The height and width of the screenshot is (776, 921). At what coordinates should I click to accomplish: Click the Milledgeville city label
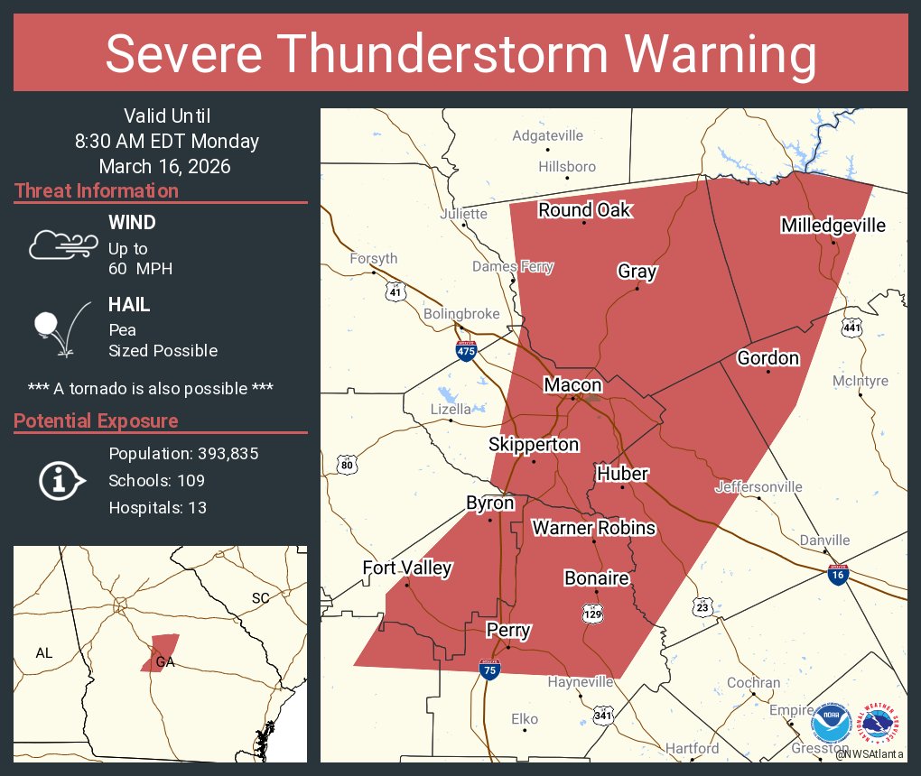(x=833, y=226)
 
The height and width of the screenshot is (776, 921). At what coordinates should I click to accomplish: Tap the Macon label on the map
(x=572, y=385)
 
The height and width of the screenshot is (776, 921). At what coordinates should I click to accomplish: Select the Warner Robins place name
(x=593, y=528)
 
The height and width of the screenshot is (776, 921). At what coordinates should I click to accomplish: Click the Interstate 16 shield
(x=838, y=574)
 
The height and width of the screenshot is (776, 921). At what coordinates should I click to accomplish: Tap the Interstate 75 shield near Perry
(x=488, y=670)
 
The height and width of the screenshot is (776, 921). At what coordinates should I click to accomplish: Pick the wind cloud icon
(x=63, y=244)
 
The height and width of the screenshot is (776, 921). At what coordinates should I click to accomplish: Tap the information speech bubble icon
(x=61, y=480)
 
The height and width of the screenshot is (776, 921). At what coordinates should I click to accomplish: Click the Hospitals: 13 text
(x=157, y=508)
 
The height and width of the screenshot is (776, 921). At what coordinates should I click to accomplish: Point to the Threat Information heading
(x=97, y=191)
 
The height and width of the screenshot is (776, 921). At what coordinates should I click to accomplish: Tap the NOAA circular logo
(x=831, y=724)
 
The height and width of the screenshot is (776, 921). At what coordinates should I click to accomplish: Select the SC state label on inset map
(x=260, y=598)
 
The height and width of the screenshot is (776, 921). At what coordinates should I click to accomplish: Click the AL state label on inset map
(x=44, y=652)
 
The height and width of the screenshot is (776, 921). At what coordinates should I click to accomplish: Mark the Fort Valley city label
(x=406, y=568)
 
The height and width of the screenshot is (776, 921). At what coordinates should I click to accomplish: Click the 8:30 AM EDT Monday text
(x=166, y=142)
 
